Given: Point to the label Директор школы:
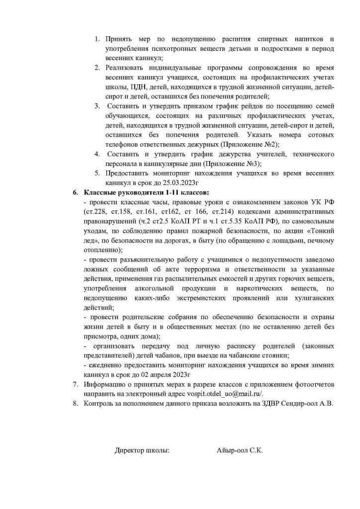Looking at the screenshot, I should coord(142,450).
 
